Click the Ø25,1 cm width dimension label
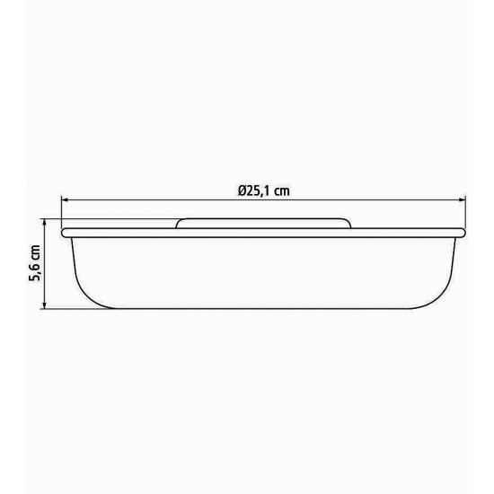(263, 190)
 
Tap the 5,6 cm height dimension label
(34, 263)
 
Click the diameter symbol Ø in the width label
(242, 190)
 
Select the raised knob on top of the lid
(263, 222)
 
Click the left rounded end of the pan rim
(64, 232)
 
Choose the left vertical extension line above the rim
(62, 212)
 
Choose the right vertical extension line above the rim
(466, 212)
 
